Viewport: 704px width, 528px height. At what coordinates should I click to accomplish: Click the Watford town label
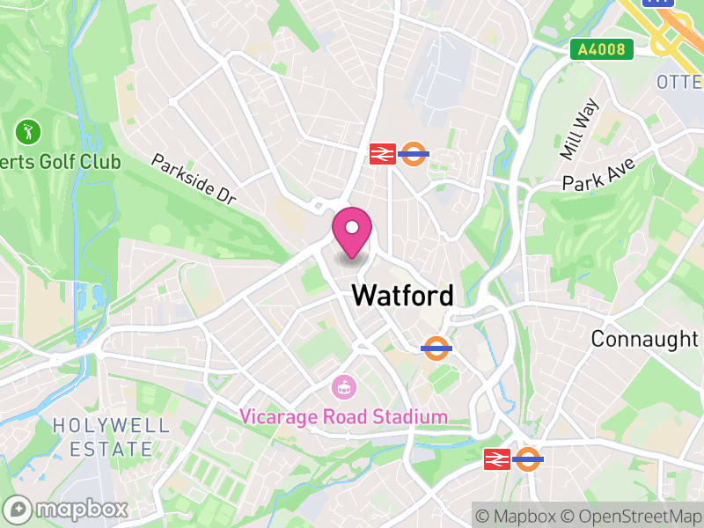pos(403,296)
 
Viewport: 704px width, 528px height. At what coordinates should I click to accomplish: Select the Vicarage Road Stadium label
pos(344,416)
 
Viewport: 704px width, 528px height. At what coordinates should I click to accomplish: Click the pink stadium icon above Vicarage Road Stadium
pos(343,385)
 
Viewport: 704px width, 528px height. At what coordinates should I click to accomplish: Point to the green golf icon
pos(28,133)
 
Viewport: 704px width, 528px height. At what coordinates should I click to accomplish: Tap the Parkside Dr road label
pos(194,179)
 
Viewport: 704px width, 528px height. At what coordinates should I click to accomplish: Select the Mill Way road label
pos(579,128)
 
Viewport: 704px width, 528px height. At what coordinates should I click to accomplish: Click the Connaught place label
pos(644,338)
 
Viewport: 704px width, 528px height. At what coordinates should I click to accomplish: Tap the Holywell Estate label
pos(110,436)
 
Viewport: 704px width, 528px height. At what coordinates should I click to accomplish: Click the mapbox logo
pos(67,509)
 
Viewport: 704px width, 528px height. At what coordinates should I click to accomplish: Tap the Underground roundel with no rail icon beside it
pos(436,348)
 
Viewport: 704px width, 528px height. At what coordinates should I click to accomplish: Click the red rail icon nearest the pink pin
pos(382,154)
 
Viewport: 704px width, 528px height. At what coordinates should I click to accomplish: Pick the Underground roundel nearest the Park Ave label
pos(414,154)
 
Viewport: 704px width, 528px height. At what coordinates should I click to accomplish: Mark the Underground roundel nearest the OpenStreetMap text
pos(528,458)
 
